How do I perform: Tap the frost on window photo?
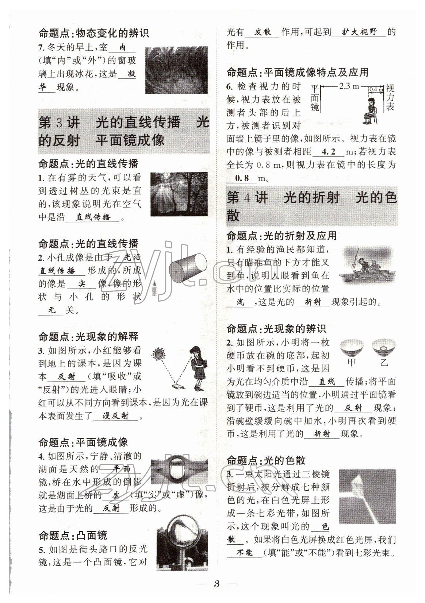(176, 70)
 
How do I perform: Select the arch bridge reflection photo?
(179, 471)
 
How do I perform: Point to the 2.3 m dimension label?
(349, 86)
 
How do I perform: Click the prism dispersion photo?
(367, 496)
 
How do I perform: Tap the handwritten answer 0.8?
(242, 178)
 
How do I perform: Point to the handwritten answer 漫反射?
(116, 416)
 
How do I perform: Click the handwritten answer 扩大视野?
(359, 32)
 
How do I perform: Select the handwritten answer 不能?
(244, 553)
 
